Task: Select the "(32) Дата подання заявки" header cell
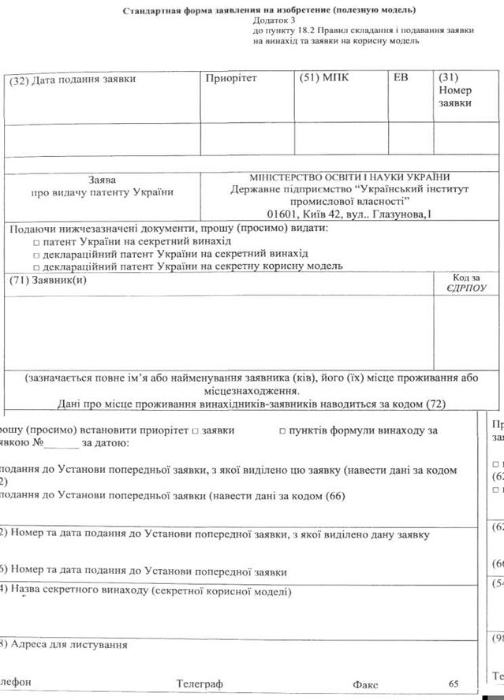(73, 79)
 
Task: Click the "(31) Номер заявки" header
(454, 91)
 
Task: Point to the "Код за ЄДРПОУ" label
(465, 283)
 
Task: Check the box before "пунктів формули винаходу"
(281, 431)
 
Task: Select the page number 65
(453, 683)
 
